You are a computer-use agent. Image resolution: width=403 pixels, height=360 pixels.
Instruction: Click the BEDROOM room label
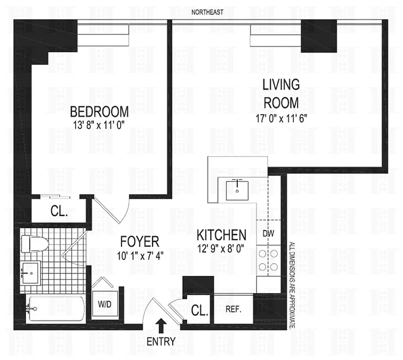pos(100,111)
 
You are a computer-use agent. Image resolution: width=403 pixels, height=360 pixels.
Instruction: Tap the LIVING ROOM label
pos(281,93)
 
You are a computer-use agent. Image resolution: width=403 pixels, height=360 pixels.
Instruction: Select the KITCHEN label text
pos(222,234)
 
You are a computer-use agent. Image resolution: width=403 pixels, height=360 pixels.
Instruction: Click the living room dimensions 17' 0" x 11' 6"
pos(281,119)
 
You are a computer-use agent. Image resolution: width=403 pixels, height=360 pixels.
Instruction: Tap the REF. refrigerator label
pos(234,310)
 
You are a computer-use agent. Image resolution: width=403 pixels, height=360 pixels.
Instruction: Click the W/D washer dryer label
pos(104,305)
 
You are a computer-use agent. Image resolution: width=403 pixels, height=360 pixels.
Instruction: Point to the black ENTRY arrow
pos(161,325)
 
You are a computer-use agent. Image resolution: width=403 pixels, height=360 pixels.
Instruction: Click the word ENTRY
pos(161,342)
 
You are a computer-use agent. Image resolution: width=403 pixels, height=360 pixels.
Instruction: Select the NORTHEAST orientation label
pos(207,12)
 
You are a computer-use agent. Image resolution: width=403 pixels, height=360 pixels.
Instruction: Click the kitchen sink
pos(236,188)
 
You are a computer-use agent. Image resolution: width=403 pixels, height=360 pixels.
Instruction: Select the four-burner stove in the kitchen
pos(268,259)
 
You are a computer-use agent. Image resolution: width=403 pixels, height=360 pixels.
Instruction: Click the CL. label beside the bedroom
pos(59,211)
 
